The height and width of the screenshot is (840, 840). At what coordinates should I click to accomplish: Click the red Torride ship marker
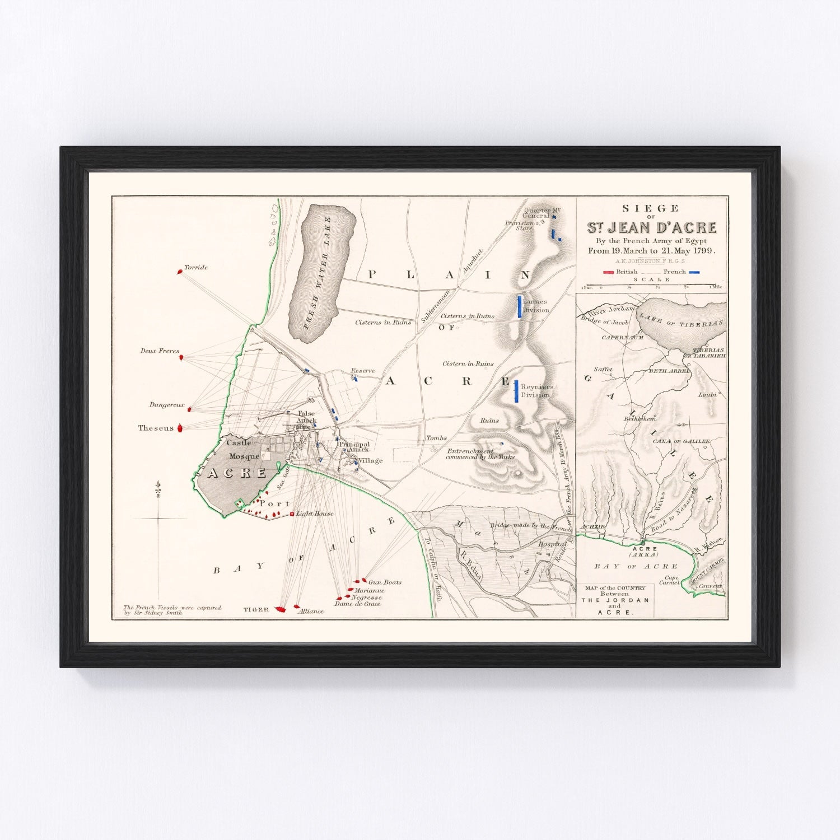pyautogui.click(x=180, y=272)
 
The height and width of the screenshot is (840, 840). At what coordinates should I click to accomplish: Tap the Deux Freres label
pyautogui.click(x=160, y=351)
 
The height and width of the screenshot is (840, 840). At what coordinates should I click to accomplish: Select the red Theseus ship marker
pyautogui.click(x=180, y=428)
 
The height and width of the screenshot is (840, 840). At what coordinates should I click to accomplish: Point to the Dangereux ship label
pyautogui.click(x=166, y=405)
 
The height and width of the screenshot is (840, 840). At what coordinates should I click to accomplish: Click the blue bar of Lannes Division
pyautogui.click(x=520, y=306)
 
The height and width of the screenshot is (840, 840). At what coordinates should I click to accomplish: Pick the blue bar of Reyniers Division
pyautogui.click(x=516, y=391)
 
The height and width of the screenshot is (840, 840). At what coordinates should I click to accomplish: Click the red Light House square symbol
pyautogui.click(x=292, y=514)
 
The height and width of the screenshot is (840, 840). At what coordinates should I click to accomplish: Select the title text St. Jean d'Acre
pyautogui.click(x=651, y=227)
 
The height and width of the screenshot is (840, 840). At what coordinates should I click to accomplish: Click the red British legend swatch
pyautogui.click(x=608, y=272)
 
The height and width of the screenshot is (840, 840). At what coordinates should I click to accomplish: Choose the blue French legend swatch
pyautogui.click(x=694, y=272)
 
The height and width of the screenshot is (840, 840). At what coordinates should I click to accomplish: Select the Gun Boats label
pyautogui.click(x=385, y=582)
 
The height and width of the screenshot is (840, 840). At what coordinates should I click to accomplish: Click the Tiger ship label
pyautogui.click(x=256, y=609)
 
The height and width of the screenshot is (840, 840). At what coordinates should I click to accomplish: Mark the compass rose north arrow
pyautogui.click(x=159, y=486)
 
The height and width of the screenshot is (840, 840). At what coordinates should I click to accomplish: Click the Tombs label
pyautogui.click(x=437, y=438)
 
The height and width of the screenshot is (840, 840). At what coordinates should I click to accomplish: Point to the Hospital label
pyautogui.click(x=552, y=544)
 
